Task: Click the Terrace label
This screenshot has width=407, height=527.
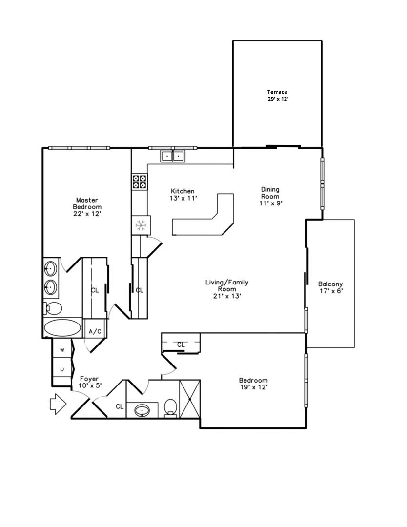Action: pyautogui.click(x=277, y=92)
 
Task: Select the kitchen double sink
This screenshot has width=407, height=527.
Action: pyautogui.click(x=173, y=156)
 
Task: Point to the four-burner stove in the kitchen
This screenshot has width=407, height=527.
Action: pyautogui.click(x=139, y=182)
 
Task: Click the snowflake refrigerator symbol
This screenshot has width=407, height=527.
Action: pyautogui.click(x=142, y=225)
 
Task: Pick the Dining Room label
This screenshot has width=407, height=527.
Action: pyautogui.click(x=271, y=193)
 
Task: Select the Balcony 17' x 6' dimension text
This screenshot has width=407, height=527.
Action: pyautogui.click(x=330, y=291)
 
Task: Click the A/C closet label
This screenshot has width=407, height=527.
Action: pyautogui.click(x=95, y=331)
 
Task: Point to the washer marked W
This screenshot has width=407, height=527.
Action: pyautogui.click(x=62, y=350)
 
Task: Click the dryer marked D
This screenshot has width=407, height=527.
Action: pyautogui.click(x=62, y=370)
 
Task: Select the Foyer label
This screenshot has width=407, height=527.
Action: pyautogui.click(x=89, y=379)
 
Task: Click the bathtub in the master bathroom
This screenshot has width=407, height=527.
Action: pyautogui.click(x=63, y=328)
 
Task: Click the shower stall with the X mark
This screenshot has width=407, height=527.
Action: pyautogui.click(x=189, y=399)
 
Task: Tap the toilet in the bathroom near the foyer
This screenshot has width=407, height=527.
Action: pyautogui.click(x=170, y=407)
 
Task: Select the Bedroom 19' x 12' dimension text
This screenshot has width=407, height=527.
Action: pyautogui.click(x=253, y=387)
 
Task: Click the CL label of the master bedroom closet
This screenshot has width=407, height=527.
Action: pyautogui.click(x=95, y=290)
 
